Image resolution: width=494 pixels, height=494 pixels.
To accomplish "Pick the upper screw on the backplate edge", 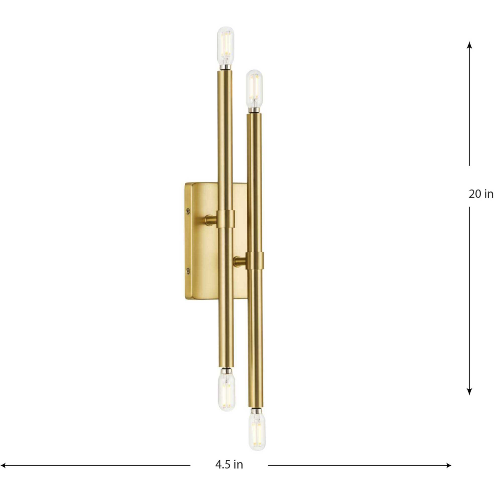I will point(189,211).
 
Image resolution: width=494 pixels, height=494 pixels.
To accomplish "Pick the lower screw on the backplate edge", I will point(189,270).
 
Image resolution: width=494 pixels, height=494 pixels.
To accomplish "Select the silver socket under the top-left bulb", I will point(225,68).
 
